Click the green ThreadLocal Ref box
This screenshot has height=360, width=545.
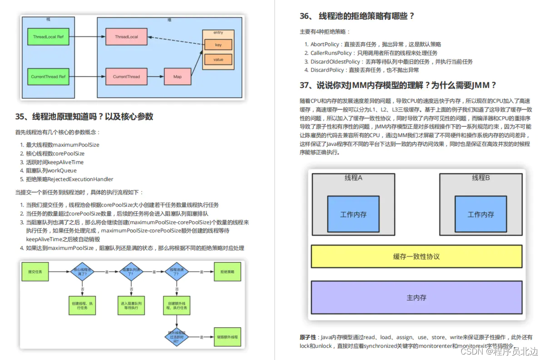point(48,37)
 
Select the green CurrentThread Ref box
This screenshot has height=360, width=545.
point(48,77)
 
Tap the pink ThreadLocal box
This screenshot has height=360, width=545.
point(127,37)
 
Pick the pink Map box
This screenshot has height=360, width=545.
point(178,77)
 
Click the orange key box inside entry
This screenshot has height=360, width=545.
point(218,44)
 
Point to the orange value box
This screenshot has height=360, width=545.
point(218,59)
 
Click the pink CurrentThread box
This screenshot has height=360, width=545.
point(127,77)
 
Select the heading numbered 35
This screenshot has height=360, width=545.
point(84,117)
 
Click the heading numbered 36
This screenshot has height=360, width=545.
point(357,16)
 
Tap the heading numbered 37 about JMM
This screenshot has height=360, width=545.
point(398,85)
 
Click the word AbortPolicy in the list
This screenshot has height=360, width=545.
point(325,44)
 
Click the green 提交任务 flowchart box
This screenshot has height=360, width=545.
point(35,271)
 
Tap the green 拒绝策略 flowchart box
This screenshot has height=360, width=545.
point(227,271)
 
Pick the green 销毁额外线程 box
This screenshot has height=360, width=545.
point(227,337)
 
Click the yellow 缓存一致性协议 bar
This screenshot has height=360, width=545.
point(416,256)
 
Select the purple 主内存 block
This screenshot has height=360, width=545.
point(416,298)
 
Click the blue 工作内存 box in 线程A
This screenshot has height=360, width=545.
point(353,215)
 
